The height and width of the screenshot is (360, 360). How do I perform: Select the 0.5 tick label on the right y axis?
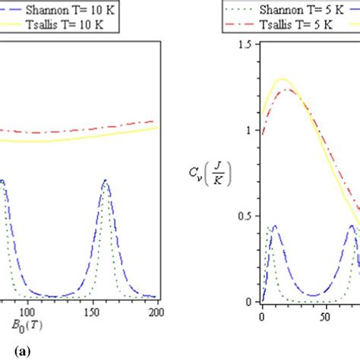[x=244, y=216]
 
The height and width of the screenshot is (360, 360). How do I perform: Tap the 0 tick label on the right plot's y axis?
[x=248, y=302]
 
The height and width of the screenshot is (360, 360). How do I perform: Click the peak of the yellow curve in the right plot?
[x=283, y=78]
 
